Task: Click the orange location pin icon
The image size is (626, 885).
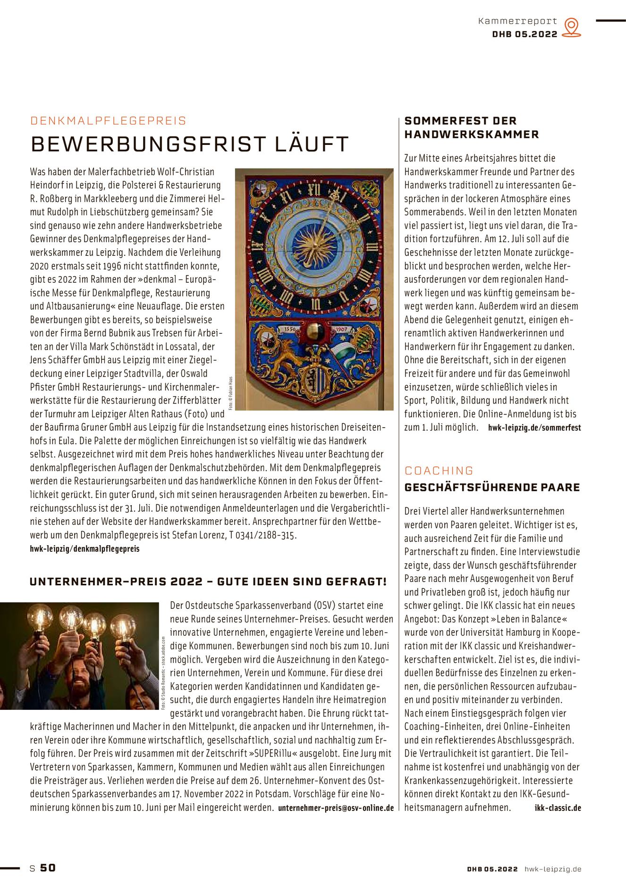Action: tap(572, 27)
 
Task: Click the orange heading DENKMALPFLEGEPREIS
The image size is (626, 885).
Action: tap(108, 121)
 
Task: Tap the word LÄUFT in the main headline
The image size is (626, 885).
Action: tap(311, 144)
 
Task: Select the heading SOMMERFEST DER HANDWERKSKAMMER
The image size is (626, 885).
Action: tap(471, 127)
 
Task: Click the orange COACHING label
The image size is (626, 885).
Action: tap(439, 471)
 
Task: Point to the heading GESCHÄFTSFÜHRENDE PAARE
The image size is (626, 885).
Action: tap(492, 487)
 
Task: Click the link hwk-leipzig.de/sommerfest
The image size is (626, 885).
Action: tap(534, 428)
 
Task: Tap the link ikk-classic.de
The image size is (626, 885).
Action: tap(558, 808)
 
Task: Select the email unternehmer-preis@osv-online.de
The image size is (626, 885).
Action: tap(336, 808)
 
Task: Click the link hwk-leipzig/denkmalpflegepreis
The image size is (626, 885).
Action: tap(85, 548)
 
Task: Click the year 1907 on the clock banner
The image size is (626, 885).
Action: tap(341, 329)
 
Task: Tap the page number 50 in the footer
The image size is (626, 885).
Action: tap(48, 868)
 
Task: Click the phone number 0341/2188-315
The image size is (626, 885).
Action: tap(265, 535)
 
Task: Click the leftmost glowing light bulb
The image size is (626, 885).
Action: tap(40, 617)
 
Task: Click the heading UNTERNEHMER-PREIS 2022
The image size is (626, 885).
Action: tap(116, 582)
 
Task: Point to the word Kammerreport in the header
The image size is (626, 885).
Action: tap(517, 21)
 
